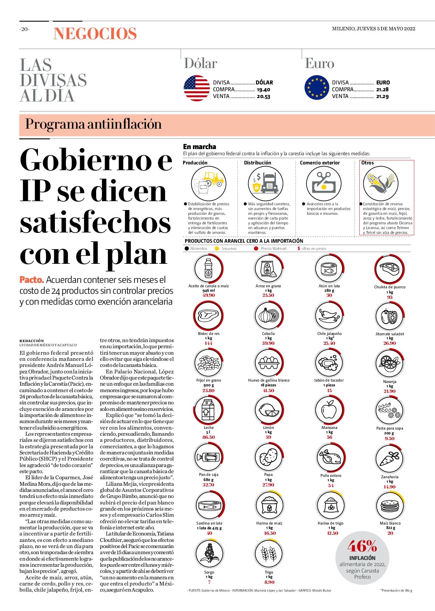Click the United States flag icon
tap(197, 88)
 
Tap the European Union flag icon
tap(317, 88)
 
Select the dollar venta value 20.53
tap(264, 97)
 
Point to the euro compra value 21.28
tap(382, 90)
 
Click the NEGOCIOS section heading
tap(95, 34)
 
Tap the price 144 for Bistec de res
tap(209, 343)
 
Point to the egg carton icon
tap(269, 363)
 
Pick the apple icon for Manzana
tap(329, 410)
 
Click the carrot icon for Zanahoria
tap(390, 459)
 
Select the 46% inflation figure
tap(362, 546)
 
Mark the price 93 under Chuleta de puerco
tap(390, 297)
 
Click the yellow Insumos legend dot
tap(217, 248)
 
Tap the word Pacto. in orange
tap(32, 280)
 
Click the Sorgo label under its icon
tap(209, 572)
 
